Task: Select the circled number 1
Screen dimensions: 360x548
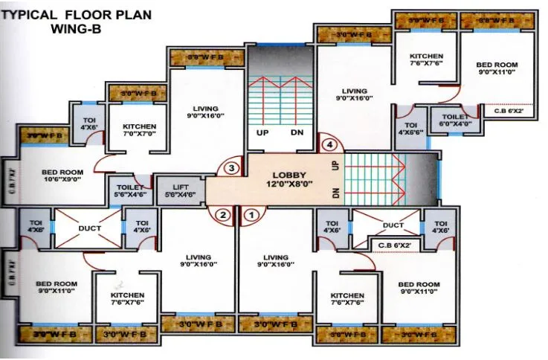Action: coord(251,216)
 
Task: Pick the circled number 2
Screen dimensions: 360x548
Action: coord(222,216)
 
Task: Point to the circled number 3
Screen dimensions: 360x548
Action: coord(232,168)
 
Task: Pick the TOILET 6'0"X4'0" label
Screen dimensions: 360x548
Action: coord(454,120)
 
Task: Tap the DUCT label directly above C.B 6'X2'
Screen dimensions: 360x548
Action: coord(393,225)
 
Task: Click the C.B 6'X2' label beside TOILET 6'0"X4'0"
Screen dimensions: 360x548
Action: coord(509,112)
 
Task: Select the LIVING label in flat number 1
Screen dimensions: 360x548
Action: coord(275,260)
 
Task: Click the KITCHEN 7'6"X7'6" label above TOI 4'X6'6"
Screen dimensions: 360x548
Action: coord(426,60)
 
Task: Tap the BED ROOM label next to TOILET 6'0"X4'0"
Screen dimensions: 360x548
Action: coord(497,68)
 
